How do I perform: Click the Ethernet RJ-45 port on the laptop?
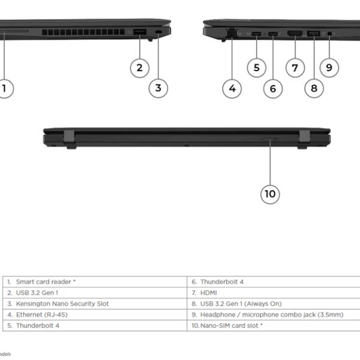click(x=232, y=32)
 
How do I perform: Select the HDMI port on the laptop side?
click(x=295, y=34)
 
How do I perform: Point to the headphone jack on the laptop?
click(x=329, y=34)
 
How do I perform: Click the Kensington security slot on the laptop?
click(x=158, y=32)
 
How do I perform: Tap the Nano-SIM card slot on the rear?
click(x=269, y=139)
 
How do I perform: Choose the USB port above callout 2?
click(x=140, y=32)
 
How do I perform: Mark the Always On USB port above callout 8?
click(x=314, y=34)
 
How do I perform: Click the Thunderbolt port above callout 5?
click(x=256, y=34)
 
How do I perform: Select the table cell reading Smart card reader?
click(x=95, y=282)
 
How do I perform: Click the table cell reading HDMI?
click(x=274, y=293)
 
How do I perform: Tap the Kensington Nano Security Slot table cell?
click(x=95, y=304)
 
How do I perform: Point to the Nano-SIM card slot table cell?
click(x=274, y=326)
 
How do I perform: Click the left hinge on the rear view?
click(x=70, y=139)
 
